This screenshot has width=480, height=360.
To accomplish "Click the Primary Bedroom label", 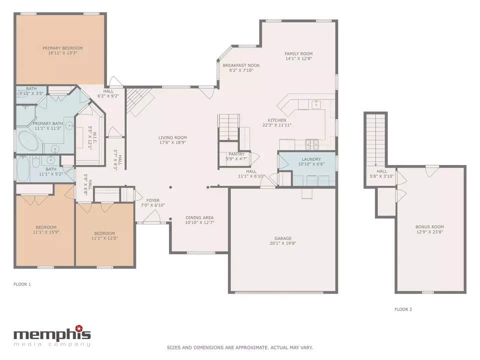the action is click(62, 48).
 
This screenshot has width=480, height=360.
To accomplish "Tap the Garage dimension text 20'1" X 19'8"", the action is click(283, 243).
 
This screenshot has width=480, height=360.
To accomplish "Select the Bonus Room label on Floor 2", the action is click(429, 227).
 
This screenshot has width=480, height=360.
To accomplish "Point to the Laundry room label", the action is click(311, 159).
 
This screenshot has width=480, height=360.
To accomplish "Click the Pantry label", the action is click(236, 154).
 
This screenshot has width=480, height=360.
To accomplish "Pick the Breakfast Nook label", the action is click(241, 65).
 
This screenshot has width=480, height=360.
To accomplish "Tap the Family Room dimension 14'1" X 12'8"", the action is click(298, 59).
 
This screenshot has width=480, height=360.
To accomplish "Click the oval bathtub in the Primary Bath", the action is click(28, 141).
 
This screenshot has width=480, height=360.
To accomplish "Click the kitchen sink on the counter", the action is click(316, 104).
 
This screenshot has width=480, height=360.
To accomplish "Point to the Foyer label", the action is click(153, 200).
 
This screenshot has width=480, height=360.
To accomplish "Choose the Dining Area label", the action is click(199, 217).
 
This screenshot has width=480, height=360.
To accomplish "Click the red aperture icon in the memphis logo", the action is click(79, 328).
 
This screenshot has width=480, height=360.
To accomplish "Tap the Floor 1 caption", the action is click(22, 284).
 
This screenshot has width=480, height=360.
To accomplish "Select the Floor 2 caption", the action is click(403, 309).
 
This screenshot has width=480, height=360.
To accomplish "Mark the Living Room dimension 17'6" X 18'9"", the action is click(172, 142).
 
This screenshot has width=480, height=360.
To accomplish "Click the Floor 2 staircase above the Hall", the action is click(375, 139).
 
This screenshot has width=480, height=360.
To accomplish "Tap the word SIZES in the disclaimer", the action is click(173, 348).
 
